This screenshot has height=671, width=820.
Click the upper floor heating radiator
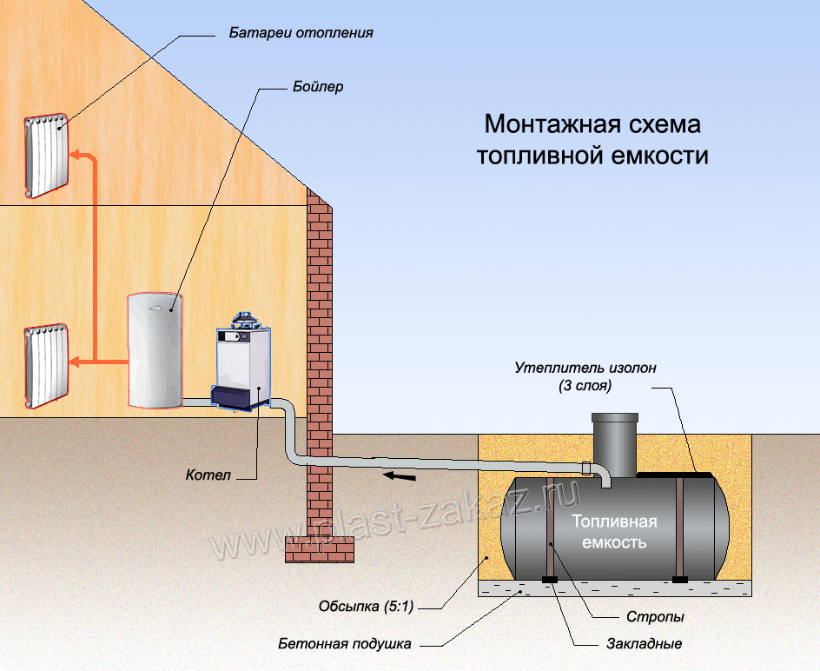coord(46,156)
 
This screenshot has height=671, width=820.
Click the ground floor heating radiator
coord(46,366)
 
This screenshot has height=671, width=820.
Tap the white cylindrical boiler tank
coord(155,350)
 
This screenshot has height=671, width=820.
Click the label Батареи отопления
coord(301,33)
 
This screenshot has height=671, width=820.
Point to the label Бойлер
coord(318,86)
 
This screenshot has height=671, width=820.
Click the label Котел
coord(208,475)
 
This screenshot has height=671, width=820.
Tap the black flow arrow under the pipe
coord(400,476)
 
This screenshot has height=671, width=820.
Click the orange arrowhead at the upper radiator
coord(76,155)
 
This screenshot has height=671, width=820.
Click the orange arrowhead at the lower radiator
coord(76,362)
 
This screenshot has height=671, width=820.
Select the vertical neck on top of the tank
coord(615,444)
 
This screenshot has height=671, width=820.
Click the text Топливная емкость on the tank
coord(614,532)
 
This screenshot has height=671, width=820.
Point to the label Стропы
coord(655,617)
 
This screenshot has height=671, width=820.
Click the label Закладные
coord(645,644)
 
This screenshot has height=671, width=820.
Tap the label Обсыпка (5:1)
coord(366,607)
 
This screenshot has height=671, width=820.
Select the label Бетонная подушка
coord(345,644)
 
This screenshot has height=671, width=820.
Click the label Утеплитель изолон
coord(585,368)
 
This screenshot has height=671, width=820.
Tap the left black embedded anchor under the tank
coord(550,580)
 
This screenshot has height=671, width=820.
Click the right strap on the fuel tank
coord(679,527)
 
